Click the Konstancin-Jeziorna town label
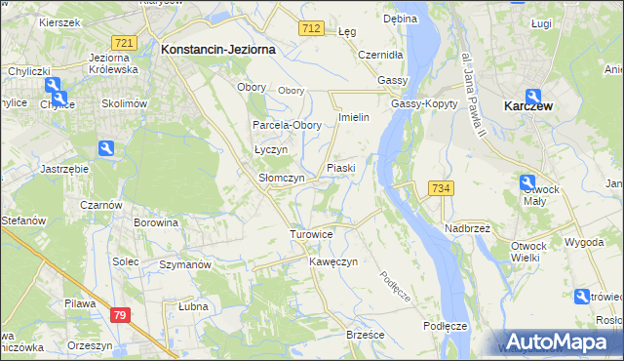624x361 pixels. coord(217,48)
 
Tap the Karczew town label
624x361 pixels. coord(529,106)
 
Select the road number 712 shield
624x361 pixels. coord(312,29)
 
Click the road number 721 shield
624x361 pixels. coord(124,44)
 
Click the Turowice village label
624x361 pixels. coord(312,235)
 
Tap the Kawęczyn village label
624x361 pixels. coord(333,262)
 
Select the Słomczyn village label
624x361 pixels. coord(282,179)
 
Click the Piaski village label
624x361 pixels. coord(340,168)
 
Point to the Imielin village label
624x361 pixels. coord(352,117)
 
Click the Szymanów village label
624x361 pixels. coord(185,264)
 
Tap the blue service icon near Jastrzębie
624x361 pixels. coord(107,148)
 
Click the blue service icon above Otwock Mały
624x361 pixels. coord(527,180)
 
